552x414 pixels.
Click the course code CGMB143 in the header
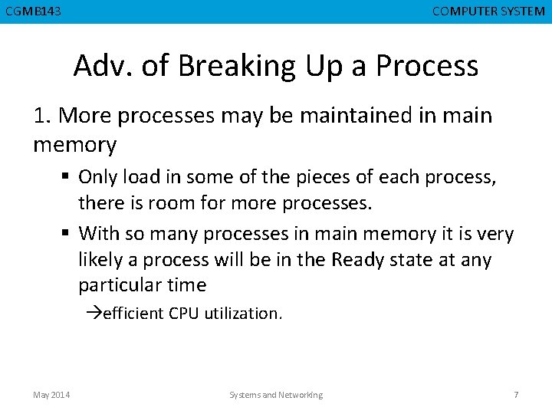(x=34, y=11)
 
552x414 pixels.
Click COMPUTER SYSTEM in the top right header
(x=488, y=11)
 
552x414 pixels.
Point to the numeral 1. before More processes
(x=43, y=116)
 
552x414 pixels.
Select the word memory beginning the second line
(x=74, y=144)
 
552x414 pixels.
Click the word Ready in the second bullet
(x=361, y=260)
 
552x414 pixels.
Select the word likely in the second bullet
(x=100, y=260)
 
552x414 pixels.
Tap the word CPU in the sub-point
(x=184, y=314)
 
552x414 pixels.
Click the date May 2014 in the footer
(x=51, y=395)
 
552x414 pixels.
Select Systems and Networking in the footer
(x=276, y=395)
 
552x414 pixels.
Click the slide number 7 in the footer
(x=516, y=395)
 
